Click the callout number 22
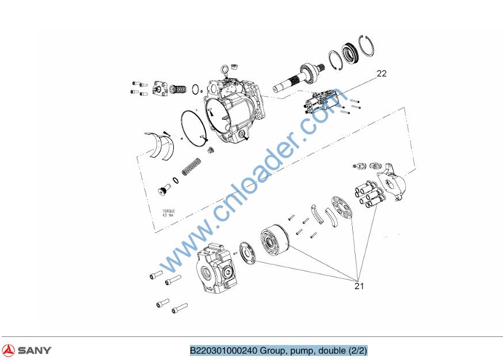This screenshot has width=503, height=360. click(382, 74)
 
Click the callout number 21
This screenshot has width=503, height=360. click(359, 286)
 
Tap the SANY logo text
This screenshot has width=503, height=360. click(35, 350)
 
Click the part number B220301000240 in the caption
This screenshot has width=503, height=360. click(224, 350)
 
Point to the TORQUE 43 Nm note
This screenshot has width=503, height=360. click(169, 213)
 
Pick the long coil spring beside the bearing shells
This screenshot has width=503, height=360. click(192, 166)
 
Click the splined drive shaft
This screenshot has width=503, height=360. click(299, 77)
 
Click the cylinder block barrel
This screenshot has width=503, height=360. click(275, 239)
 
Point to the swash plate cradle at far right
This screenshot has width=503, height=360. click(391, 181)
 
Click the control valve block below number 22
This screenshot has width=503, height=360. click(322, 101)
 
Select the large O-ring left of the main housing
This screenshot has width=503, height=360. click(193, 127)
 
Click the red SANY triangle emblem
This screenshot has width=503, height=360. click(8, 350)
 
